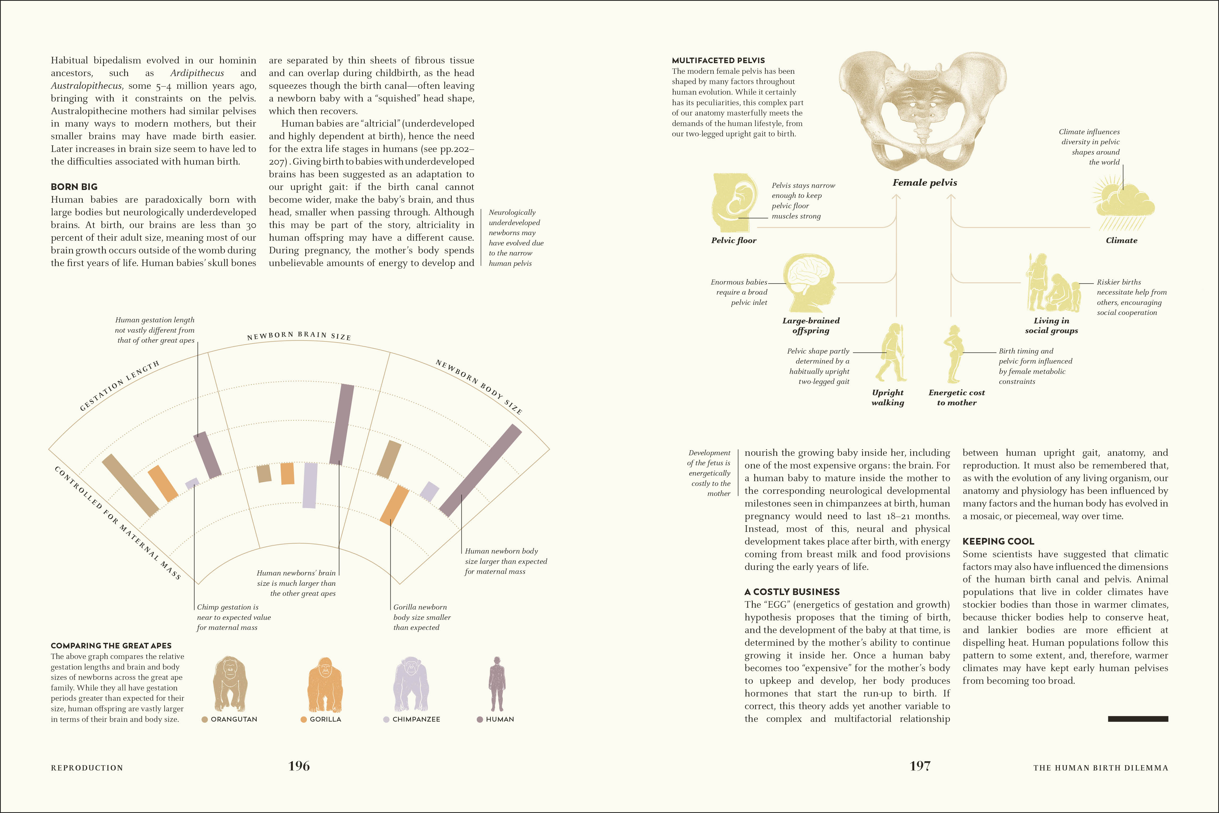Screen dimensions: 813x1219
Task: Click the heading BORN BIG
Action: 74,187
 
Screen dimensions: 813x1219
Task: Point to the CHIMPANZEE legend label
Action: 416,719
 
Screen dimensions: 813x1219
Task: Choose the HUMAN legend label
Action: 500,719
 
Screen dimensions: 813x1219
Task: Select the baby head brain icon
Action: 810,282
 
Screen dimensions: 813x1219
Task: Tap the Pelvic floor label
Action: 733,240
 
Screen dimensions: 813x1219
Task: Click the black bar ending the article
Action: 1138,719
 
